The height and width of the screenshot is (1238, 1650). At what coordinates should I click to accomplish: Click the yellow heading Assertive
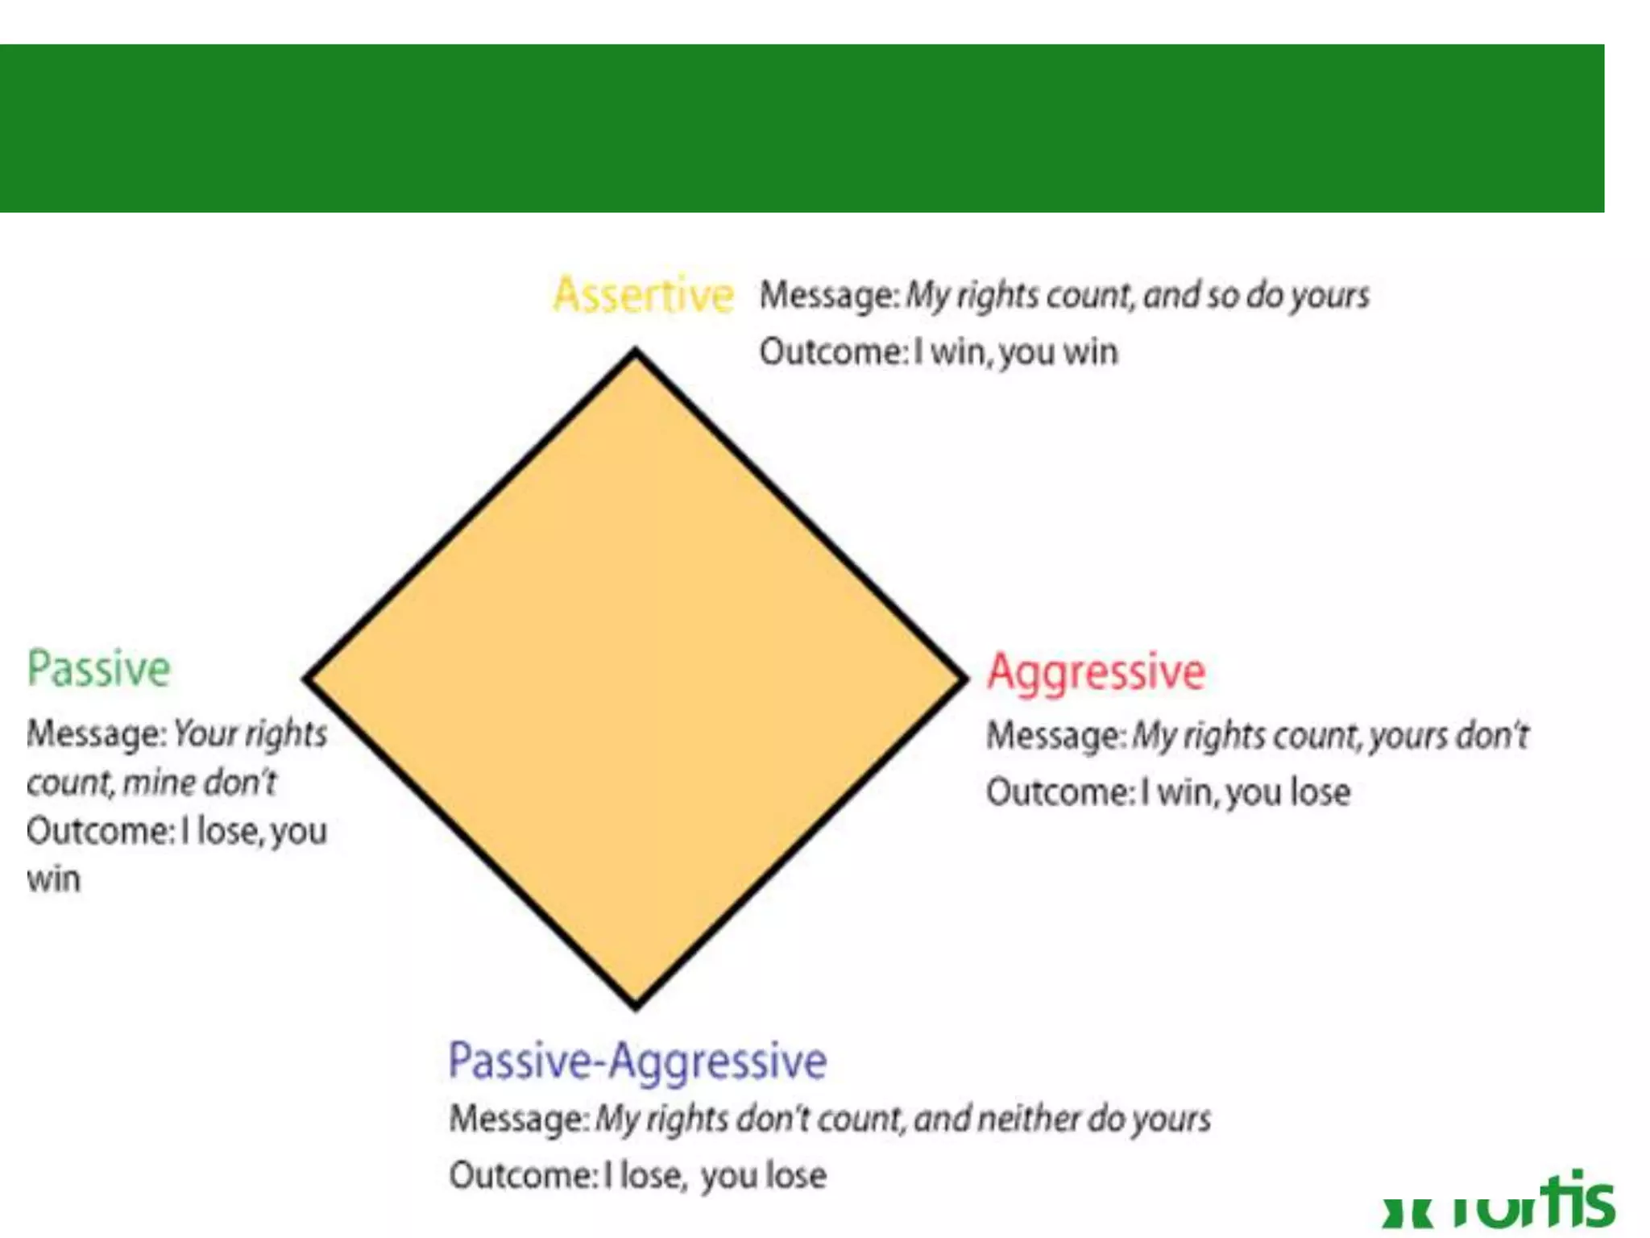coord(643,295)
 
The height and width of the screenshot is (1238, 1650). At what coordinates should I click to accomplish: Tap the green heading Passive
coord(99,669)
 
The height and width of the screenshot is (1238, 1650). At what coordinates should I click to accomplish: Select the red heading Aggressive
coord(1096,672)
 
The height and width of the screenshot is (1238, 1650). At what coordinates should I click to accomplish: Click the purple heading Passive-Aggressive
coord(637,1061)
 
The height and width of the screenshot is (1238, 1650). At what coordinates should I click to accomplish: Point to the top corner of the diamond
coord(636,352)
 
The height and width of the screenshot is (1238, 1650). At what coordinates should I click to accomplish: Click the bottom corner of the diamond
coord(636,1005)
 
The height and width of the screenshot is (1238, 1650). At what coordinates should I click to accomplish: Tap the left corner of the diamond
coord(308,679)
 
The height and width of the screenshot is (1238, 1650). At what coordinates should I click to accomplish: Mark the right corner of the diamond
coord(964,679)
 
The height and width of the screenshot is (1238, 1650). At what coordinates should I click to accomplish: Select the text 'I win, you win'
coord(1016,353)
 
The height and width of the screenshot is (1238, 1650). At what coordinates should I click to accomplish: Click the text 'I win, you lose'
coord(1246,792)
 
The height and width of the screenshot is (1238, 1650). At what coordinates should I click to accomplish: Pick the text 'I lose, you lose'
coord(715,1176)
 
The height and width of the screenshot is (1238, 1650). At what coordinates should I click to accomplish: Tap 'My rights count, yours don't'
coord(1330,736)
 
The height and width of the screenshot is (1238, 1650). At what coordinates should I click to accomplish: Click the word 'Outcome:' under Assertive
coord(833,353)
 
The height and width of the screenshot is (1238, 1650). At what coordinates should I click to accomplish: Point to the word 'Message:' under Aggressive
coord(1055,736)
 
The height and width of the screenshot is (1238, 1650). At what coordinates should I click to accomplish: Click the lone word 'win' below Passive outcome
coord(54,879)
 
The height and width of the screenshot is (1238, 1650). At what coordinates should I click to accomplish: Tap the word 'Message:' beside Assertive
coord(829,296)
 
